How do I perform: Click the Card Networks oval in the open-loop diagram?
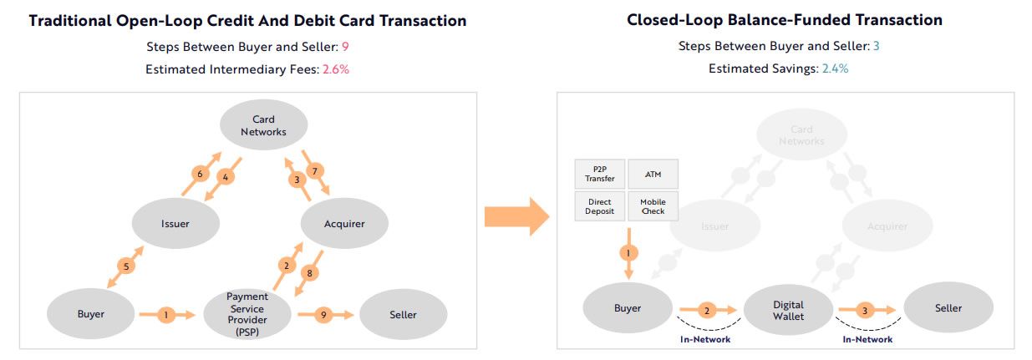pos(263,125)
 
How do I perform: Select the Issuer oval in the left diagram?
pos(175,223)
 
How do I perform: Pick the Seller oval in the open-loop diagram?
pos(403,315)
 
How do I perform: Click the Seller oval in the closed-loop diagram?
pos(948,308)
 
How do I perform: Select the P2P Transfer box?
pos(600,174)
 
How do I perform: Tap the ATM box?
pos(653,174)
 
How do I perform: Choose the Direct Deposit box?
pos(600,206)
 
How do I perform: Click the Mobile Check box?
pos(653,206)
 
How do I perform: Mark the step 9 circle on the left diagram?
pos(324,315)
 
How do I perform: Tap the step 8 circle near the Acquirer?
pos(309,273)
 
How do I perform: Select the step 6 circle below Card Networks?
pos(199,174)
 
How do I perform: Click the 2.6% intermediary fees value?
pos(335,70)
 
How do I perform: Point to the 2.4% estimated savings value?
pos(834,69)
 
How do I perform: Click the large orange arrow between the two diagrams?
pos(515,218)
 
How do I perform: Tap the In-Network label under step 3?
pos(867,340)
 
